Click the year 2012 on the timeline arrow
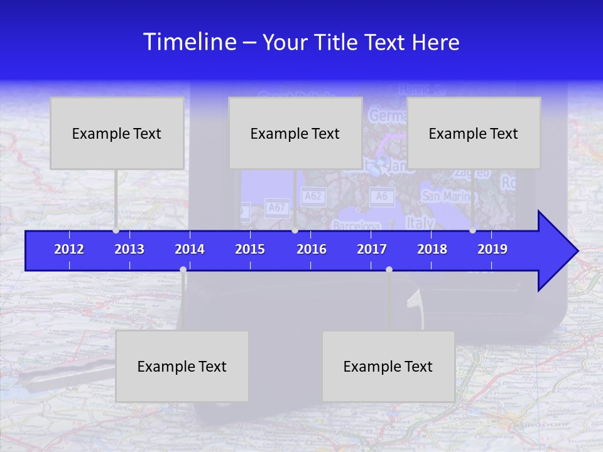pos(69,249)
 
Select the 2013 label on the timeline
pos(129,249)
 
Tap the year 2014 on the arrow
pos(190,249)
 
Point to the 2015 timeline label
pos(250,249)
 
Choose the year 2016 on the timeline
pos(312,249)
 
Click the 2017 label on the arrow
pos(372,249)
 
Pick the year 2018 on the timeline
pos(432,249)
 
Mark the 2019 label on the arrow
pos(492,249)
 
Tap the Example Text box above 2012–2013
pos(117,133)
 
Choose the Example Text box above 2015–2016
pos(295,133)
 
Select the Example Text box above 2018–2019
pos(474,133)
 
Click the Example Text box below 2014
pos(182,366)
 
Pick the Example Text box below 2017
pos(388,366)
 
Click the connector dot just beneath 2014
pos(183,270)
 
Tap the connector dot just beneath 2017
pos(389,270)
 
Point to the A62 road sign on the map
pos(312,196)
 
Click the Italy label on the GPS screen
pos(420,223)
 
